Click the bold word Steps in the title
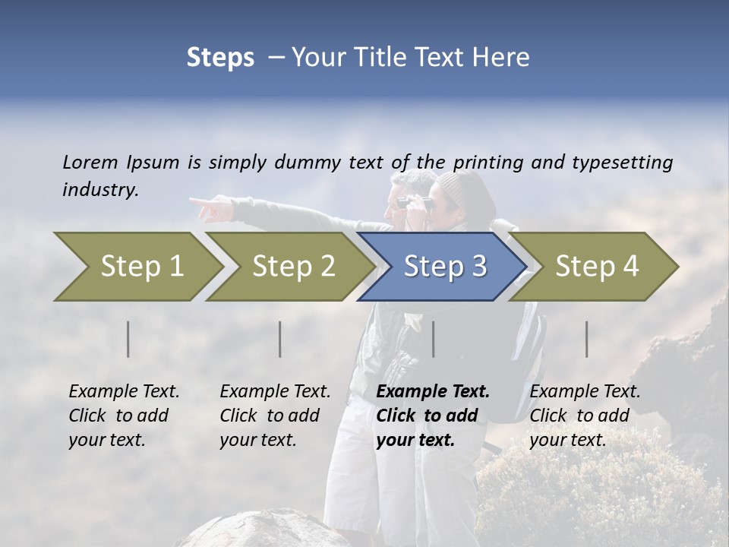pos(220,57)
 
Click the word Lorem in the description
pos(90,162)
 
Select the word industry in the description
pos(100,189)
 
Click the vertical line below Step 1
pos(128,339)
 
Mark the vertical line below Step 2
pos(280,339)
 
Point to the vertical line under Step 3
pos(433,339)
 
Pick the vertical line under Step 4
pos(586,339)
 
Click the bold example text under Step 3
pos(432,416)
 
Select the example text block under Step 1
pos(124,416)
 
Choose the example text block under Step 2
pos(275,416)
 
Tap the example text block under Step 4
pos(585,416)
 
